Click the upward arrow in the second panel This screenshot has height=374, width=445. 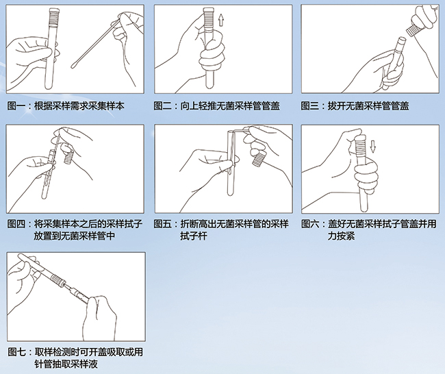coord(221,21)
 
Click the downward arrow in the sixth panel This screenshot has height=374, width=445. coord(373,147)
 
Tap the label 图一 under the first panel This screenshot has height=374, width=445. coord(16,106)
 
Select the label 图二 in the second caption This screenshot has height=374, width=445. coord(163,106)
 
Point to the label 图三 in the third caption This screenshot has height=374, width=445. coord(309,106)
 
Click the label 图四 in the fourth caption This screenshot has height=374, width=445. coord(16,224)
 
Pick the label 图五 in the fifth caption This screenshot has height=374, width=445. coord(163,224)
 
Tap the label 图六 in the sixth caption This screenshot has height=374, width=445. coord(310,224)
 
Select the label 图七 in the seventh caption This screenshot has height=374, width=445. coord(16,352)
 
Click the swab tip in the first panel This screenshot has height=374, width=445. coord(75,66)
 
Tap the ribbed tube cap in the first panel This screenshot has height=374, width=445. coord(55,16)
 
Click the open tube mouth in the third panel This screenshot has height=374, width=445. coord(402,39)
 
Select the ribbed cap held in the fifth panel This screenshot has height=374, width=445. coord(259,159)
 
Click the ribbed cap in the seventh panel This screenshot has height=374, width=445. coord(58,279)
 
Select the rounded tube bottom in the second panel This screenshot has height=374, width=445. coord(210,84)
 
